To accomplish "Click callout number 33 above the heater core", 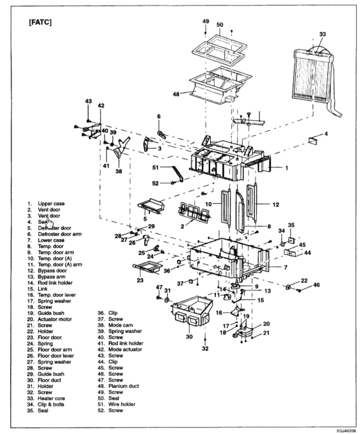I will [x=322, y=34].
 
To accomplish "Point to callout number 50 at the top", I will [x=220, y=25].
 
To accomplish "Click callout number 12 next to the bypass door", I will [x=276, y=205].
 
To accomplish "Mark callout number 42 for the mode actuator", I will [x=101, y=105].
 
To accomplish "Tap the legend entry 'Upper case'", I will [x=51, y=204].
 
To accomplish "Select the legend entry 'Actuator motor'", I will [x=55, y=319].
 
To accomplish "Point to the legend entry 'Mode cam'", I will [x=115, y=325].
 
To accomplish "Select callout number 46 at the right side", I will [x=316, y=285].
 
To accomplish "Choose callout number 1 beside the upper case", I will [x=287, y=168].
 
